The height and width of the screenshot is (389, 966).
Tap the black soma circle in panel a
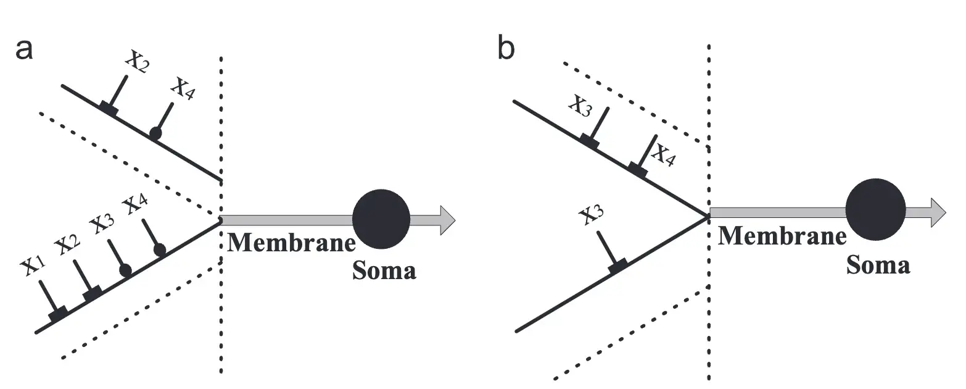(x=381, y=219)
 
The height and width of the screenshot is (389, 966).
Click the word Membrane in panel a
(x=291, y=242)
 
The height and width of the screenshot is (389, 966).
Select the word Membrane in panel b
(x=782, y=235)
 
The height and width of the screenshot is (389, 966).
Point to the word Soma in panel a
(x=384, y=270)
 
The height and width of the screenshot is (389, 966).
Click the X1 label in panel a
(x=32, y=266)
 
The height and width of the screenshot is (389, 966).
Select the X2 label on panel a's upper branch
(x=137, y=62)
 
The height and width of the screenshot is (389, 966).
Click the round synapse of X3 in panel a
(x=126, y=270)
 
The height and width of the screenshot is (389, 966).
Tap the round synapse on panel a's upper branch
(x=155, y=132)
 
